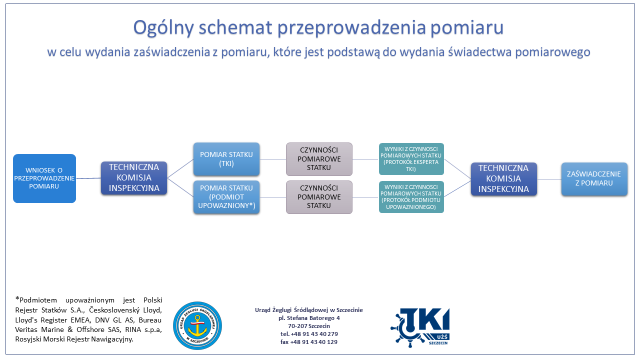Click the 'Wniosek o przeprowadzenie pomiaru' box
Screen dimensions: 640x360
pyautogui.click(x=44, y=178)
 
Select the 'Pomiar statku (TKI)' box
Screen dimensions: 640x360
pyautogui.click(x=226, y=159)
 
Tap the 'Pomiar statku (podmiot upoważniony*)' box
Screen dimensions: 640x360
pyautogui.click(x=226, y=197)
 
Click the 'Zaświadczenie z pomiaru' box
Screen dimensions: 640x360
pyautogui.click(x=594, y=179)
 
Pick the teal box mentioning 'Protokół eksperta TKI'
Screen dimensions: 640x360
pyautogui.click(x=411, y=159)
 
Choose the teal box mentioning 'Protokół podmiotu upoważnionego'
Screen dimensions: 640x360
pyautogui.click(x=411, y=197)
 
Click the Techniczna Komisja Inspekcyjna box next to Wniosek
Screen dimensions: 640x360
pyautogui.click(x=134, y=178)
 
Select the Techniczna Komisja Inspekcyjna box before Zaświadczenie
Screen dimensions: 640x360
pyautogui.click(x=504, y=179)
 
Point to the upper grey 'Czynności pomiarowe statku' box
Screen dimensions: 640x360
pyautogui.click(x=319, y=159)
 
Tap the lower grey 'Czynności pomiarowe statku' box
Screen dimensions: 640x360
pyautogui.click(x=319, y=197)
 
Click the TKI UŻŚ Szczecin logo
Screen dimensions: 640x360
pyautogui.click(x=420, y=327)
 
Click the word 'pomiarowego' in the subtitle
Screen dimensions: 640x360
pyautogui.click(x=553, y=52)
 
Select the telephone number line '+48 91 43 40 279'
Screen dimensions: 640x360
pyautogui.click(x=309, y=334)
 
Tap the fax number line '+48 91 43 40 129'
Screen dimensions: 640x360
pyautogui.click(x=309, y=342)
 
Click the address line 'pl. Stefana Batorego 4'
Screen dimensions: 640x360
pyautogui.click(x=309, y=318)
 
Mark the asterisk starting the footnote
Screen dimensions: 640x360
pyautogui.click(x=17, y=299)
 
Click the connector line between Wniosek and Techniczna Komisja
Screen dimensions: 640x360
pyautogui.click(x=88, y=178)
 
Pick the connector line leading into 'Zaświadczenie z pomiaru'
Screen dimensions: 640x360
pyautogui.click(x=549, y=179)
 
